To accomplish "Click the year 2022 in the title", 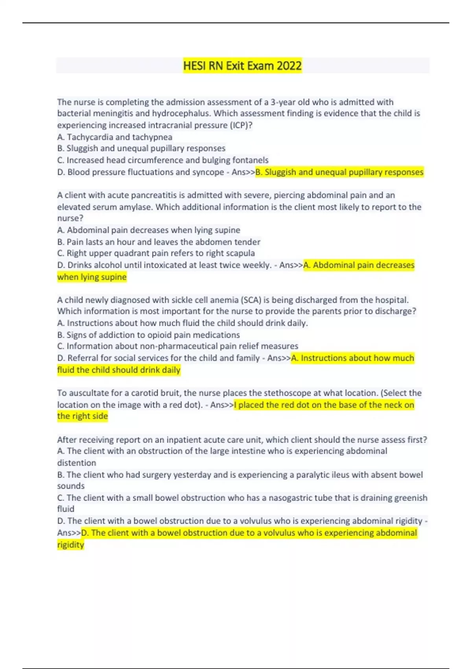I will coord(289,66).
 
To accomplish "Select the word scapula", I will coord(240,253).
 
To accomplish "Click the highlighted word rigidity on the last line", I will coord(71,545).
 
